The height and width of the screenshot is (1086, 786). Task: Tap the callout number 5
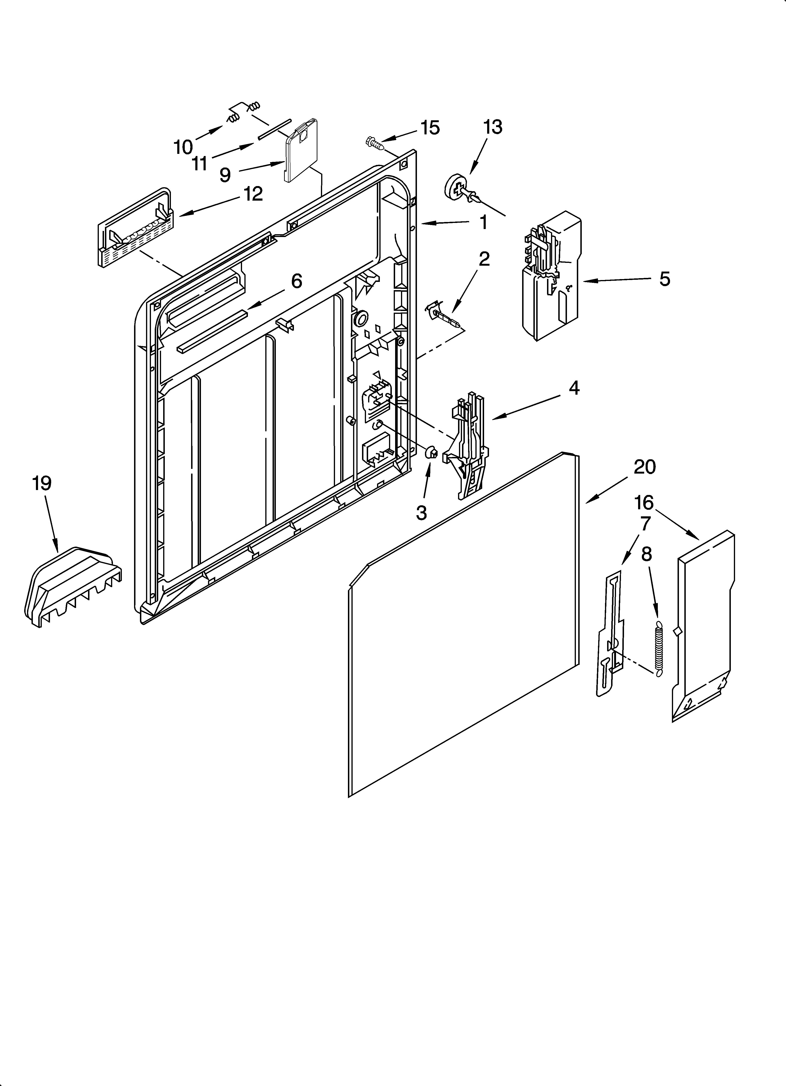pos(664,279)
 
